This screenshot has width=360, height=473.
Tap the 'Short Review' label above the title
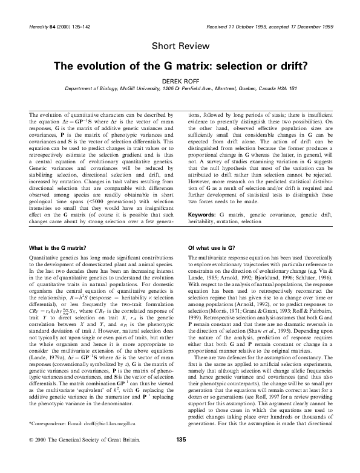point(180,46)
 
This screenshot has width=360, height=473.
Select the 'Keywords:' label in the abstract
point(203,215)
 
